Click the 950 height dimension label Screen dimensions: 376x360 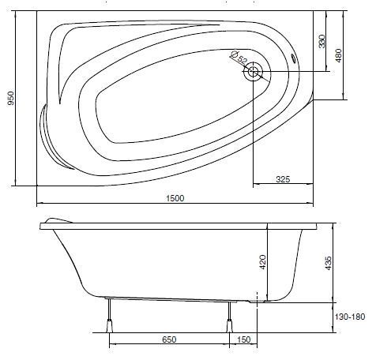(10, 98)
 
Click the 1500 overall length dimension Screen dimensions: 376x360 (175, 198)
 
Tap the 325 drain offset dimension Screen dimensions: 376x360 (283, 179)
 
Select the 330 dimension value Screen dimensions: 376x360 (321, 41)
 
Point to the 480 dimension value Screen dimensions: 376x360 (339, 55)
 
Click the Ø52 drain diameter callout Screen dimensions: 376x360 (239, 58)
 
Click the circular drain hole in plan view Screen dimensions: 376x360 (253, 71)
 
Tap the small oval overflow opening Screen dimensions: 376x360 (293, 58)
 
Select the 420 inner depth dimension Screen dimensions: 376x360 (263, 262)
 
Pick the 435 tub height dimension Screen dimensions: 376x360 (329, 263)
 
